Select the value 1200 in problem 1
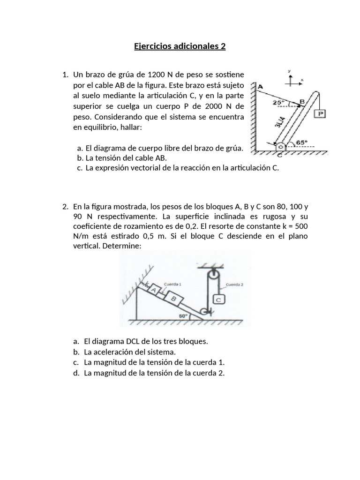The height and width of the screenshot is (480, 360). coord(156,75)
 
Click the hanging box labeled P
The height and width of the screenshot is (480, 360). coord(321,113)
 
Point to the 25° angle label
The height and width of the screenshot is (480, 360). coord(278,102)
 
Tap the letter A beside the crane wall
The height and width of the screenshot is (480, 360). coord(260,86)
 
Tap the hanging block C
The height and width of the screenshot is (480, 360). coord(219,299)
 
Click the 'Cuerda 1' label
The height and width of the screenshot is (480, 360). coord(172,284)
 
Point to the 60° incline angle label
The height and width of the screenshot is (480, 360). coord(182,316)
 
